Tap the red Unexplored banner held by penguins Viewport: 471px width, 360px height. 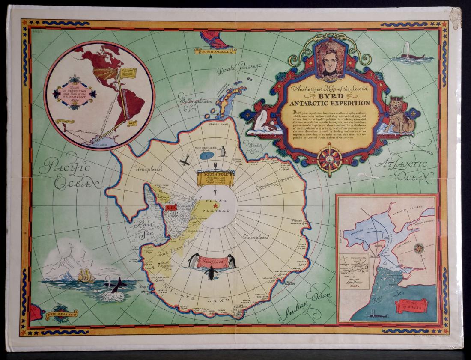(x=212, y=262)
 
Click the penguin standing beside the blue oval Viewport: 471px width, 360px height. (x=223, y=151)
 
